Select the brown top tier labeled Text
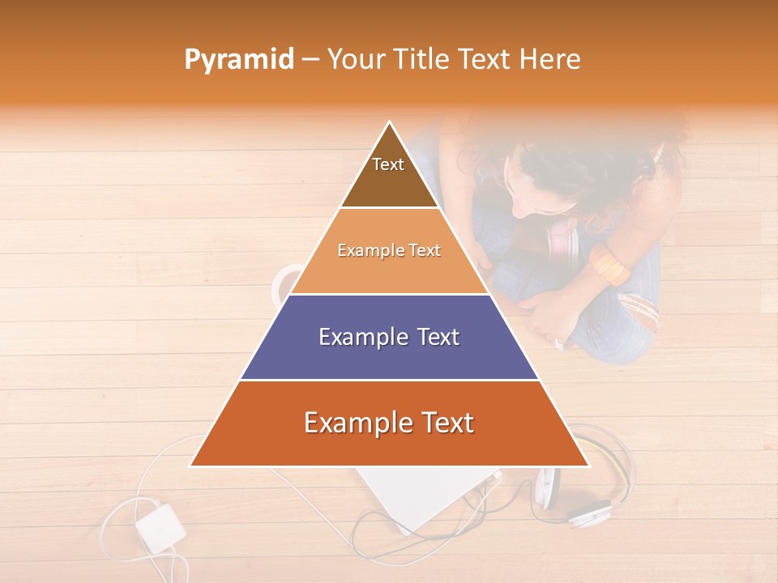coord(389,174)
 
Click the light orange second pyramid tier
coord(389,251)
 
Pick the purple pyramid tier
coord(389,337)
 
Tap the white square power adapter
coord(160,527)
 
